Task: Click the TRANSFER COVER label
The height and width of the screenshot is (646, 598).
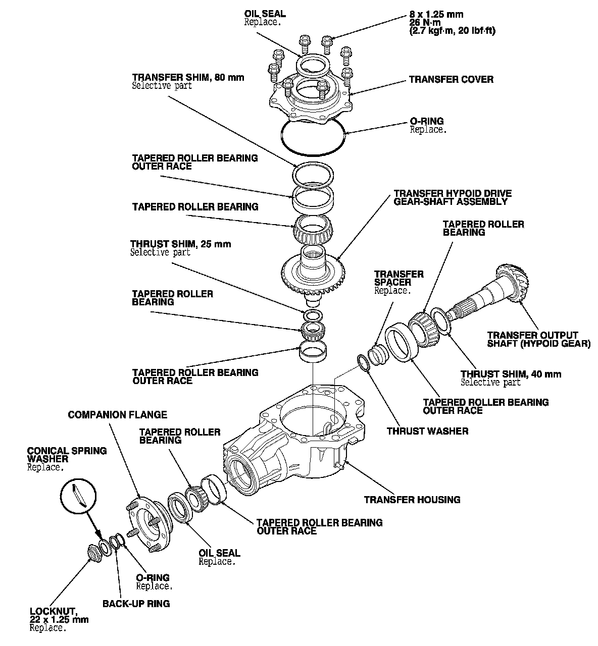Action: (x=451, y=79)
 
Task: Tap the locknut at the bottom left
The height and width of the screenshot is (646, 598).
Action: (x=93, y=553)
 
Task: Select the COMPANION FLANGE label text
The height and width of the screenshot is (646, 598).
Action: (x=117, y=415)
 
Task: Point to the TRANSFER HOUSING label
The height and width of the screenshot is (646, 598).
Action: (x=412, y=500)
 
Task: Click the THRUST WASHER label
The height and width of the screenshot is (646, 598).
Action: (x=427, y=431)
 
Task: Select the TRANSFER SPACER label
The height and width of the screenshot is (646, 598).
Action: (x=398, y=278)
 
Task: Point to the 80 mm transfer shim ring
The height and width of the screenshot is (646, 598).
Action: (x=313, y=174)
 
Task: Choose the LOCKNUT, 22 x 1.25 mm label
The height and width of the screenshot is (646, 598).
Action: (x=59, y=616)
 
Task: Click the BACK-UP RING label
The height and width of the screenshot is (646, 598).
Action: (x=136, y=603)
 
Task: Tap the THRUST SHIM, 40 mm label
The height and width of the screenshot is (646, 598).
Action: (x=511, y=374)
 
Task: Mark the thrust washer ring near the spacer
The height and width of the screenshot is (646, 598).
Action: (x=364, y=363)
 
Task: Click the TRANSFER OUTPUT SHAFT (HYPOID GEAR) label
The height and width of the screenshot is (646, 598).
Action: (x=538, y=339)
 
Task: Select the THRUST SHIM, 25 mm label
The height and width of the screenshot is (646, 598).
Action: (x=180, y=244)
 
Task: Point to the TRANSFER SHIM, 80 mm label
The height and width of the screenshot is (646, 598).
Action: (x=188, y=77)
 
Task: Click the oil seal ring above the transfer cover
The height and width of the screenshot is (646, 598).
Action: (x=314, y=64)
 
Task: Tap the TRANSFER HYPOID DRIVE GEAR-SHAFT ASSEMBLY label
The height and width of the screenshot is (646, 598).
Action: (x=453, y=197)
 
